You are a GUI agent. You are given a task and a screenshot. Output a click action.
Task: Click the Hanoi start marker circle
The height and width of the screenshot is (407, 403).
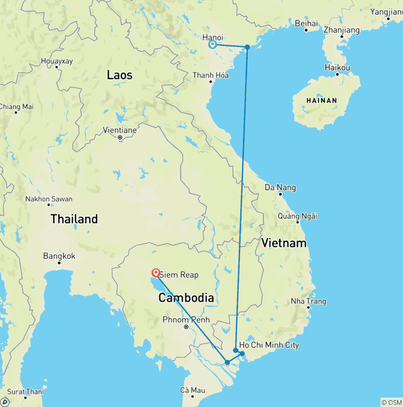point(213,45)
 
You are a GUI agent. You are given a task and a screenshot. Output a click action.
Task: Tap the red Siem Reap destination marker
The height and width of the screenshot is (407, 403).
point(156,273)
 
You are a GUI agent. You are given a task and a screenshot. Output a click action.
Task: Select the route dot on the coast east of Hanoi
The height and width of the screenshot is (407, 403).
point(247,47)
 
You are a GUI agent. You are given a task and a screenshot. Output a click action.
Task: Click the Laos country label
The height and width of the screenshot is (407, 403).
point(120,75)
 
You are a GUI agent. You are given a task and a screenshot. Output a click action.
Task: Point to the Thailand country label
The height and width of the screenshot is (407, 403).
point(74,219)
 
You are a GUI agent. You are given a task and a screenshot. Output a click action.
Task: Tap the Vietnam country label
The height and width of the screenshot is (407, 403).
point(284,243)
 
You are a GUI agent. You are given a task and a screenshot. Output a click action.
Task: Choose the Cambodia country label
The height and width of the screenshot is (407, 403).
point(186,298)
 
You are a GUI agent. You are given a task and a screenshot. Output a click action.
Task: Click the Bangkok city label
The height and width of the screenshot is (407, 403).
point(59,256)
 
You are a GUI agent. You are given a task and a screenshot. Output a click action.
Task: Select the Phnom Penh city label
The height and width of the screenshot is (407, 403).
point(186,319)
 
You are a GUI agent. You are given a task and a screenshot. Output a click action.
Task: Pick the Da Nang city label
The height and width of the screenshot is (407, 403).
point(280,187)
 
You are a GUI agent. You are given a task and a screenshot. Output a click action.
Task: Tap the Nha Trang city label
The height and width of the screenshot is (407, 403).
point(309,301)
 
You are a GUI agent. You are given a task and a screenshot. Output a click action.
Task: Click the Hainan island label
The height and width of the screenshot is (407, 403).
point(322,100)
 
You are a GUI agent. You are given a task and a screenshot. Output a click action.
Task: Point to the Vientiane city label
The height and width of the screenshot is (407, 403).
point(120,130)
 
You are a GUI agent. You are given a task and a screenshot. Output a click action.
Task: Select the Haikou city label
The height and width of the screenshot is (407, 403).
point(337,68)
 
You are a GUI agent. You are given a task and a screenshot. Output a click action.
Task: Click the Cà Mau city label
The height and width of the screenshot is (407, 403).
point(192,390)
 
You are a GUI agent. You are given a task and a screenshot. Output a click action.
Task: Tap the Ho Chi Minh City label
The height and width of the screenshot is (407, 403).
point(269,345)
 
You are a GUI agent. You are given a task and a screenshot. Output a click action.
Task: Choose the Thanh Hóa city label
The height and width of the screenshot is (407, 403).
point(210,75)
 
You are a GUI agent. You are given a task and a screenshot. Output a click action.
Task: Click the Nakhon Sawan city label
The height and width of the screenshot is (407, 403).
point(49,199)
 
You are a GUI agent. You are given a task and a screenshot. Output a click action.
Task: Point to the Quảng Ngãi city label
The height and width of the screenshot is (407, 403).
point(298,216)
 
